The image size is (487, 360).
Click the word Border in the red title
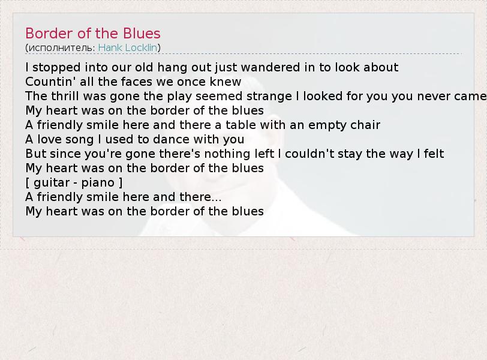click(49, 33)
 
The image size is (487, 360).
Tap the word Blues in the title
click(142, 33)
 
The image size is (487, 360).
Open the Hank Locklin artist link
click(128, 47)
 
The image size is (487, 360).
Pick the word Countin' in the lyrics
click(50, 82)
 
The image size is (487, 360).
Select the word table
click(241, 125)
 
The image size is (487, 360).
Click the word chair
click(365, 125)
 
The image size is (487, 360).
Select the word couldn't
click(309, 154)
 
